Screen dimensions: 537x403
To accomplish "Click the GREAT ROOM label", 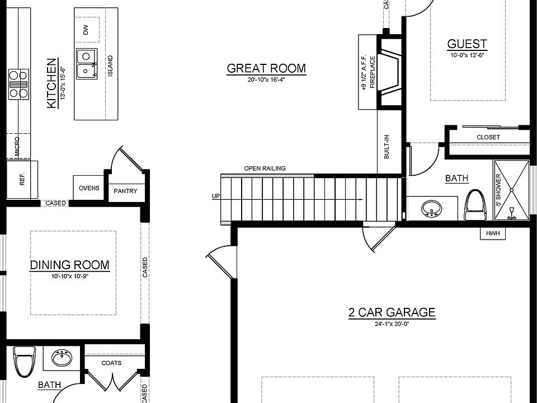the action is [266, 68].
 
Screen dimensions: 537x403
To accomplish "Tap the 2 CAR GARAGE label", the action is [392, 312].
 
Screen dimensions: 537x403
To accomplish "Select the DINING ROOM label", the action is [70, 265].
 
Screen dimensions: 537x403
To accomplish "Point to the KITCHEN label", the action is [51, 83].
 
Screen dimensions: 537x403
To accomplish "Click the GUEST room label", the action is [467, 44].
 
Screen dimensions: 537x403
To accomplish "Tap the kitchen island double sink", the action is [87, 63].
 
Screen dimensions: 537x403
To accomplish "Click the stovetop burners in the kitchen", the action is [18, 85].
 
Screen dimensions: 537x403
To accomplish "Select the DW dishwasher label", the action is [86, 30].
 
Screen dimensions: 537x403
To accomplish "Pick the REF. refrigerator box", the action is [22, 179].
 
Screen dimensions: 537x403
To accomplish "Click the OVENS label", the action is [89, 188].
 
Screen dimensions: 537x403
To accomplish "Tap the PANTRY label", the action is [125, 191].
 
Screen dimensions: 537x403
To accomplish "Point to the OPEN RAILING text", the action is [265, 168].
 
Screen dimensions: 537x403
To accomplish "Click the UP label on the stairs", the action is [216, 196].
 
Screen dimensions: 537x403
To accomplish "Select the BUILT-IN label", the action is [387, 147].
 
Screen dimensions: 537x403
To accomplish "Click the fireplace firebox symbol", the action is [389, 72].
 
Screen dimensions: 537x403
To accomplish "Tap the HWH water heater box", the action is [493, 234].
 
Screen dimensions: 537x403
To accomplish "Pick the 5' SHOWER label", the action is [498, 190].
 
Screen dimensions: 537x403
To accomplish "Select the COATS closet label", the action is [111, 363].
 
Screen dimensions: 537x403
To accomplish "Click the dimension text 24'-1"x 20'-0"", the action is [392, 324].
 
